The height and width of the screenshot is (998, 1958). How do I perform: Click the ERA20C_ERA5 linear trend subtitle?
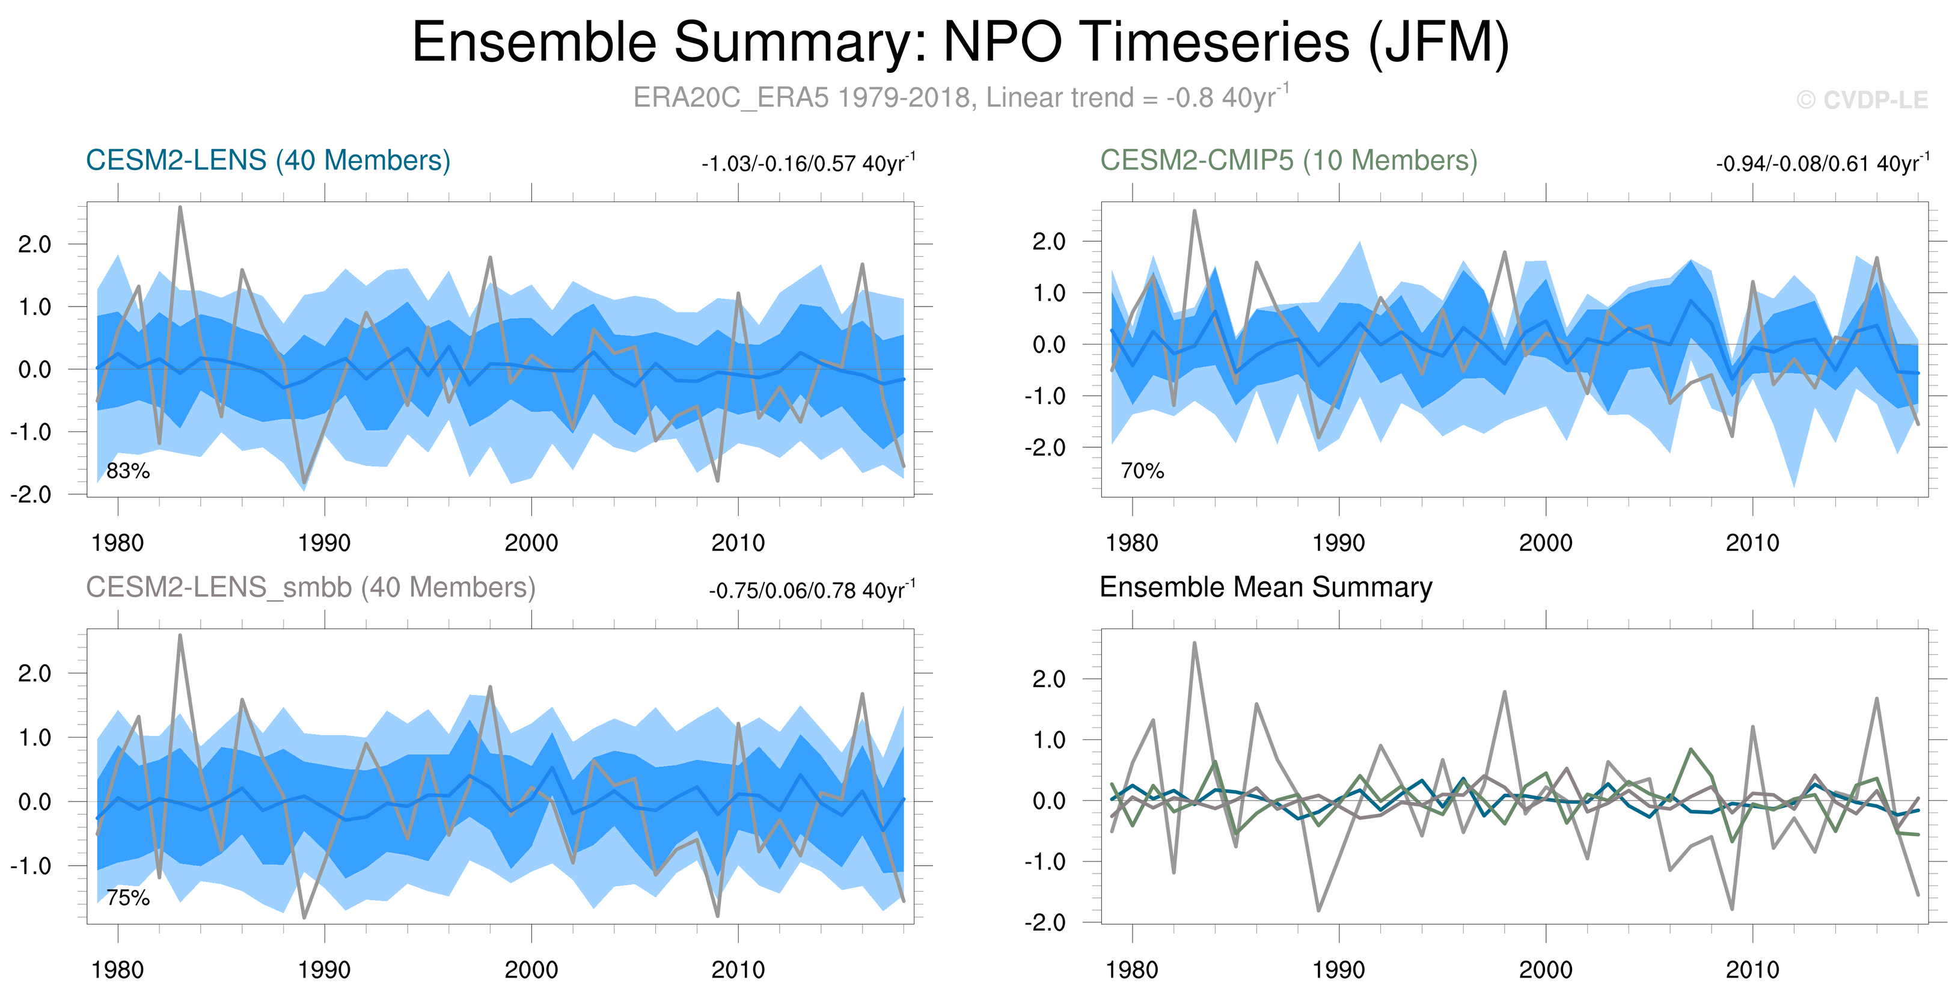[960, 98]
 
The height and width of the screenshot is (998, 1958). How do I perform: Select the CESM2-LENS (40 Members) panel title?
[268, 161]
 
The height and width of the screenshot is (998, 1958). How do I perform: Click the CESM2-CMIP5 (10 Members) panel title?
[1288, 161]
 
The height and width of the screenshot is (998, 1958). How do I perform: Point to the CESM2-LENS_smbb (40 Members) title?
[310, 587]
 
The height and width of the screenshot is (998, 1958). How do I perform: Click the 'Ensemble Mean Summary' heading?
[1265, 587]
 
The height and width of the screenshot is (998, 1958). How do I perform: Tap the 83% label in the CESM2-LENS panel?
[127, 471]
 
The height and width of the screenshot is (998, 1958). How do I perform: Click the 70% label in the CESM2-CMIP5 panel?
[1142, 471]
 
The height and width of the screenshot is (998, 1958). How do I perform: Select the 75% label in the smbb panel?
[127, 898]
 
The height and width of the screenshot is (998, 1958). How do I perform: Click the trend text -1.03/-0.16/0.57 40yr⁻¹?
[808, 164]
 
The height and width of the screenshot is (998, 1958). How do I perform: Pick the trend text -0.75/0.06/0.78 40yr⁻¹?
[812, 590]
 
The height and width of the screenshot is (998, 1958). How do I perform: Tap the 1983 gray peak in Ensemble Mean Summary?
[1194, 644]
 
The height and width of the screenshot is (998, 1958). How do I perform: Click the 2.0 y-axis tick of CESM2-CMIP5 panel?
[1049, 242]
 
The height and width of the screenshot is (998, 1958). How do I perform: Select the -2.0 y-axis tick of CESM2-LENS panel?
[31, 495]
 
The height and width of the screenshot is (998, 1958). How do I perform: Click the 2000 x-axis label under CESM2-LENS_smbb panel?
[531, 970]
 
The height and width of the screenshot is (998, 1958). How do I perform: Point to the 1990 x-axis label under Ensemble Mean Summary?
[1339, 970]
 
